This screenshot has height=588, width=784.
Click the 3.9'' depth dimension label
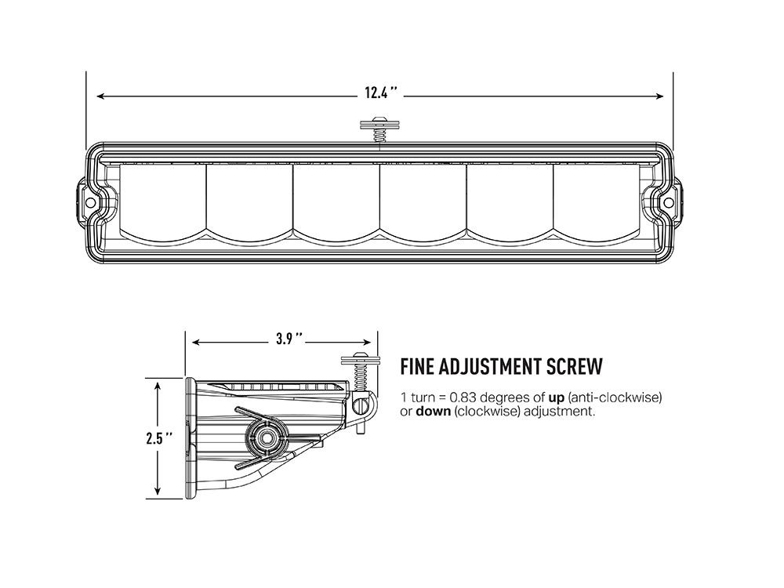(288, 339)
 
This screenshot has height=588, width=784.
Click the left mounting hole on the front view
(90, 202)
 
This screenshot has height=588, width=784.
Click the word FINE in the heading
(418, 366)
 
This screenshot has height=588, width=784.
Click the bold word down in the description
(433, 412)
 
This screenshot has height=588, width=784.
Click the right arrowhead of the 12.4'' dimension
(661, 96)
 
